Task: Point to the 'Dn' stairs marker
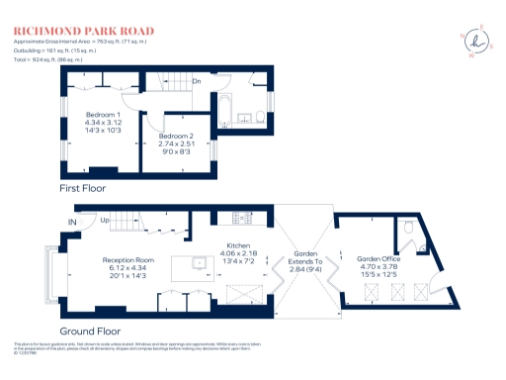197,81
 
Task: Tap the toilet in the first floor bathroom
255,118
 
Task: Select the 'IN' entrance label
71,221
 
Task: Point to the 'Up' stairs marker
103,221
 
